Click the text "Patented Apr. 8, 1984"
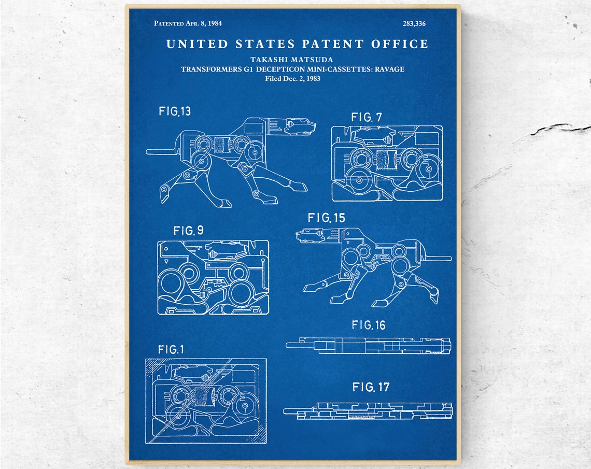pos(188,23)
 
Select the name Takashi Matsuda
pos(292,60)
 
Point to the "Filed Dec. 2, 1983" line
pos(292,78)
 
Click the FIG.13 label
pos(175,111)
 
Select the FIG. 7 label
pos(366,117)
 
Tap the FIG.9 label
pos(188,231)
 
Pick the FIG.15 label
pos(326,218)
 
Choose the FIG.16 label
pos(369,325)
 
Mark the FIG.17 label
pos(370,387)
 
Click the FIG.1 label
pos(171,349)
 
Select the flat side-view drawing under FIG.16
pos(368,345)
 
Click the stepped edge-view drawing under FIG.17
pos(368,410)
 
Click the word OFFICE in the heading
pos(400,44)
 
